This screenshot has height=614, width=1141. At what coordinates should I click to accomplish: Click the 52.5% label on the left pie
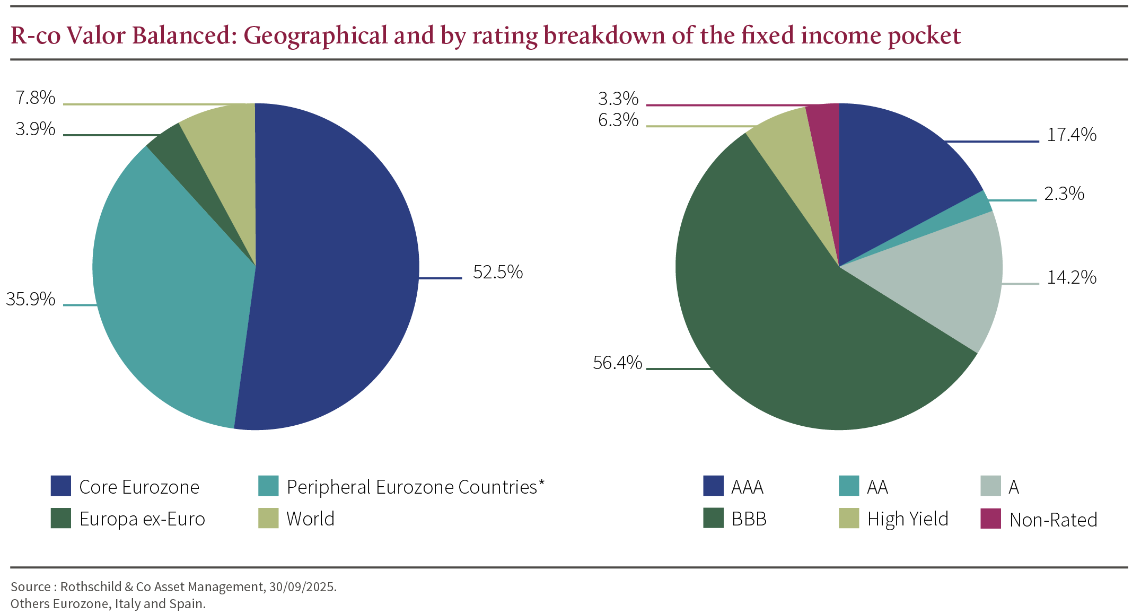[x=497, y=273]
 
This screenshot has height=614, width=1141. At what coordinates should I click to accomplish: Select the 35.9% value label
[x=31, y=300]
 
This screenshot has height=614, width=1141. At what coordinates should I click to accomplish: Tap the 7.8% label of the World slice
[x=36, y=98]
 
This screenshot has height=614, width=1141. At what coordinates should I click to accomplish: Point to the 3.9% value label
[x=36, y=129]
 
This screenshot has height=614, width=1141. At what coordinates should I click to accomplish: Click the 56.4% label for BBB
[x=617, y=363]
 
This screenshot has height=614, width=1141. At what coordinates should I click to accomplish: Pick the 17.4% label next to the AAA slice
[x=1071, y=135]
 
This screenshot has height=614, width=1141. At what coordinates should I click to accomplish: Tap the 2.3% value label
[x=1064, y=194]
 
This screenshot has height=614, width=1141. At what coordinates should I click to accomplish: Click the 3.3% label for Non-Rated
[x=618, y=99]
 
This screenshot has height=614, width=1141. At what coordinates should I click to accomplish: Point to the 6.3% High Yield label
[x=618, y=120]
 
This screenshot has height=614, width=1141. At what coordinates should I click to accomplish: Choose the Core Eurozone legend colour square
[x=60, y=486]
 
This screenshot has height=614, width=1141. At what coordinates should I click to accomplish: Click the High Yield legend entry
[x=907, y=519]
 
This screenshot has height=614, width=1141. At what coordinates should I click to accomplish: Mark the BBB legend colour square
[x=713, y=519]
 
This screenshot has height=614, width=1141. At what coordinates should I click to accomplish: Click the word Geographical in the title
[x=315, y=36]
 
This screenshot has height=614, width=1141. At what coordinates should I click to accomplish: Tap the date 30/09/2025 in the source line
[x=302, y=587]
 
